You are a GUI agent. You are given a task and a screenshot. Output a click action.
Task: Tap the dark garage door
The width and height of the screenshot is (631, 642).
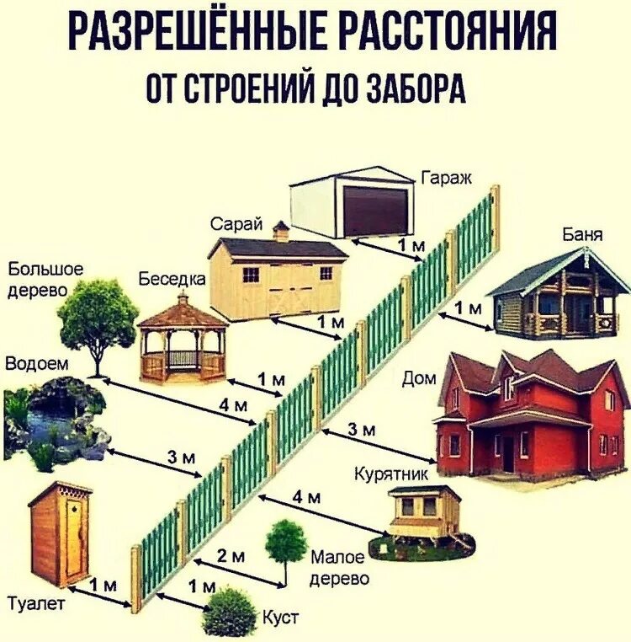(x=376, y=211)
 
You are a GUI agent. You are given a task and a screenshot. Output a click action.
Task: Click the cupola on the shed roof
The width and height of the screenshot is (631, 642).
(x=281, y=231)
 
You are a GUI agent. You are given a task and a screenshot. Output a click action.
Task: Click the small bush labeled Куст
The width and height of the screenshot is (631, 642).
(x=229, y=612)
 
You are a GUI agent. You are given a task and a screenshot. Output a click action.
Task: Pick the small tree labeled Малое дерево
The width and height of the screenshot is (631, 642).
(x=286, y=543)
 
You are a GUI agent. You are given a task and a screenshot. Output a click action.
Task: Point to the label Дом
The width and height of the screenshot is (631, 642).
(x=419, y=379)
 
